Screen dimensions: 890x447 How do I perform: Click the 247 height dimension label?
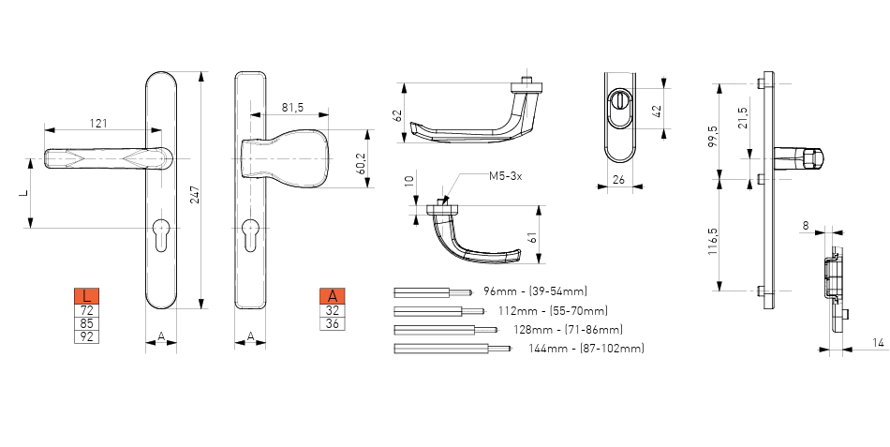coord(195,195)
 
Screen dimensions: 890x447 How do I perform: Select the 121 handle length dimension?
coord(98,124)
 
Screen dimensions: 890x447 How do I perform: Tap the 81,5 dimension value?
coord(292,108)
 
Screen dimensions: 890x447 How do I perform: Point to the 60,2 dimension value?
coord(360,165)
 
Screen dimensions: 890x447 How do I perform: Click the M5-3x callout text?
coord(505,176)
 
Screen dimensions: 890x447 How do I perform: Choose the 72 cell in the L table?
coord(87,310)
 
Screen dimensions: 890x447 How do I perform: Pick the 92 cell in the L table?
coord(87,336)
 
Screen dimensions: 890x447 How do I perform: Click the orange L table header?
coord(87,296)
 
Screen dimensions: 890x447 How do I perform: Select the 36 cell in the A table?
coord(332,323)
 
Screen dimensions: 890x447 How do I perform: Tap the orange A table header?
coord(332,296)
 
